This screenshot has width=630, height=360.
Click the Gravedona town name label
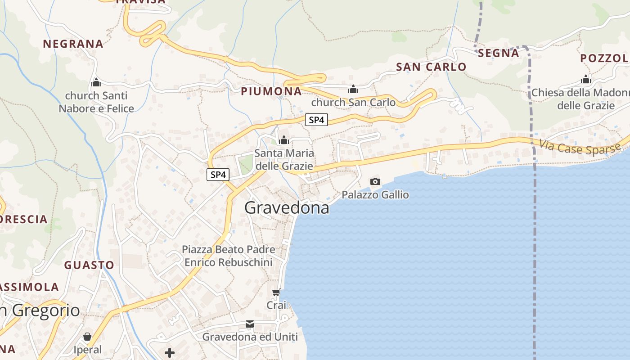(287, 208)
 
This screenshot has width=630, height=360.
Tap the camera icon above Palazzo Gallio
(375, 181)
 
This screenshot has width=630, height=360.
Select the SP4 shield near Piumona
(316, 120)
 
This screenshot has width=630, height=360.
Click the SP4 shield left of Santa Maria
(218, 175)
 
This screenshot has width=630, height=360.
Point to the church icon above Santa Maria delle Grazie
(283, 140)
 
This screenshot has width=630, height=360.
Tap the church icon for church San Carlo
(353, 89)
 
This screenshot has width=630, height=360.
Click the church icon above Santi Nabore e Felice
(96, 82)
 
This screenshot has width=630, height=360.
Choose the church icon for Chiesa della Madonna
(585, 80)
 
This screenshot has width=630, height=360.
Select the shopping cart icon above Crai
(276, 292)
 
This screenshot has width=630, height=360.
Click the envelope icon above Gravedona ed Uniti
(250, 324)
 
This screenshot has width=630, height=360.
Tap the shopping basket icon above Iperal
(87, 337)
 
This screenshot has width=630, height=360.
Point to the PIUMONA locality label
(271, 91)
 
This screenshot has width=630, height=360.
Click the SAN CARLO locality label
(431, 67)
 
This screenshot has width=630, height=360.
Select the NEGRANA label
(73, 44)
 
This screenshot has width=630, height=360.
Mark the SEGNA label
(498, 53)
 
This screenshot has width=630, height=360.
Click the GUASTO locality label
(89, 265)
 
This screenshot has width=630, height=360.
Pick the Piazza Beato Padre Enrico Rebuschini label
(229, 256)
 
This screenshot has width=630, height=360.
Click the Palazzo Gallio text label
(375, 195)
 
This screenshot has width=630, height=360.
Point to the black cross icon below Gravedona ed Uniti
(170, 353)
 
